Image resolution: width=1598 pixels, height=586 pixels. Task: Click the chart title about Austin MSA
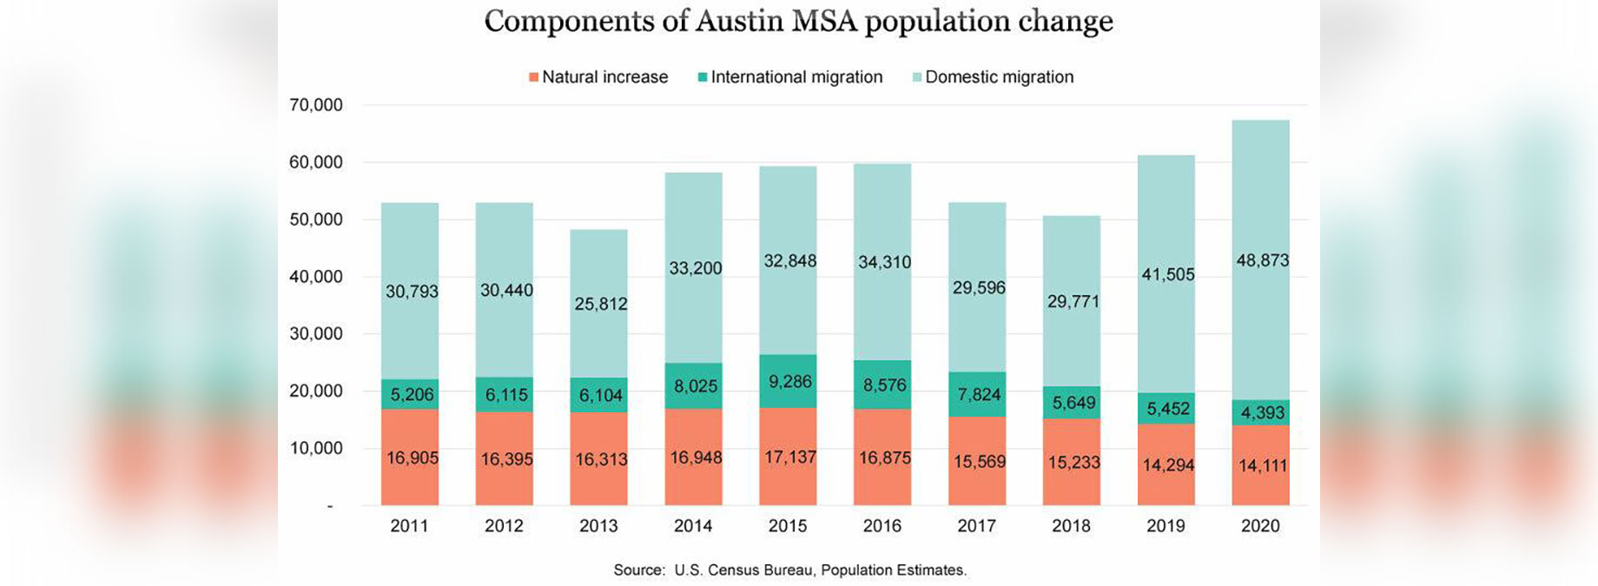[x=798, y=22]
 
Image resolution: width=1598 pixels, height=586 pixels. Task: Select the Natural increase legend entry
[x=598, y=77]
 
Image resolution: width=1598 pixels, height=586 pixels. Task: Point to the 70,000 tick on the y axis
[x=316, y=105]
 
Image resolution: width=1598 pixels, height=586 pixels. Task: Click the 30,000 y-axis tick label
[x=316, y=333]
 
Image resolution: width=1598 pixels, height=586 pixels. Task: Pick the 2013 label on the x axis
[x=598, y=526]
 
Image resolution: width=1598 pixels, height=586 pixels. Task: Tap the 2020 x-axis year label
[x=1260, y=526]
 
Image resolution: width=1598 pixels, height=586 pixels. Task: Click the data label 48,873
[x=1262, y=260]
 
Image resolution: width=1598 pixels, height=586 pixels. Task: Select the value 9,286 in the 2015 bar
[x=789, y=381]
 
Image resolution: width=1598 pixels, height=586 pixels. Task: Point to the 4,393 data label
[x=1262, y=413]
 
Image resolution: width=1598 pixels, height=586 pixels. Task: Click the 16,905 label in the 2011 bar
[x=412, y=458]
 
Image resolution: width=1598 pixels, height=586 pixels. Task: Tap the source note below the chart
[x=789, y=570]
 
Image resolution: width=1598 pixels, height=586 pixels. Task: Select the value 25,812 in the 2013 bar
[x=600, y=304]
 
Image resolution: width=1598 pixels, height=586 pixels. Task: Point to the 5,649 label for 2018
[x=1073, y=403]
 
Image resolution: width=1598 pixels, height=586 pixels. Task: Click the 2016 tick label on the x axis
[x=882, y=526]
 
